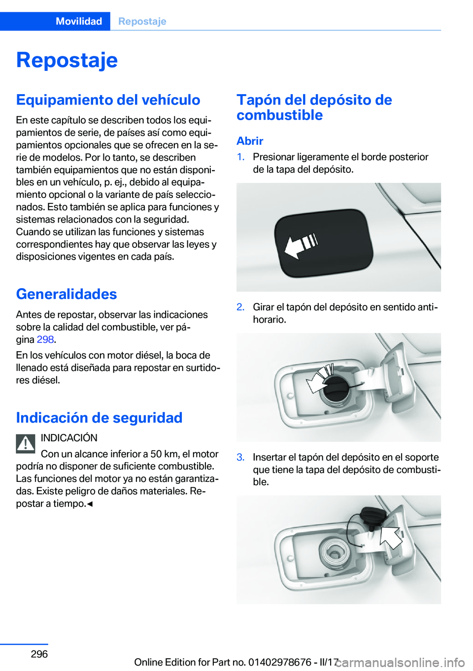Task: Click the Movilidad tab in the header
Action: click(79, 21)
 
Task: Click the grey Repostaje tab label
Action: click(142, 21)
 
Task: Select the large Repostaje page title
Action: click(67, 60)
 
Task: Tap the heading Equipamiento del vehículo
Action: click(108, 100)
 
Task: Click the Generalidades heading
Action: click(67, 294)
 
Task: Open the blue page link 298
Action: click(45, 339)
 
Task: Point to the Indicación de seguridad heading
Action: click(99, 418)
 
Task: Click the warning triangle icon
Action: click(26, 443)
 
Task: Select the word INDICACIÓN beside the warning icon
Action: click(69, 438)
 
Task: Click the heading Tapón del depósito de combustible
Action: click(314, 107)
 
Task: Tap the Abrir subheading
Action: click(250, 141)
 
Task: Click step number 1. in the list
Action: click(241, 157)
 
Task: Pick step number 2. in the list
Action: click(241, 307)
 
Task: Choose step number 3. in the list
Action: click(241, 458)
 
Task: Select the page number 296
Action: click(39, 654)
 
